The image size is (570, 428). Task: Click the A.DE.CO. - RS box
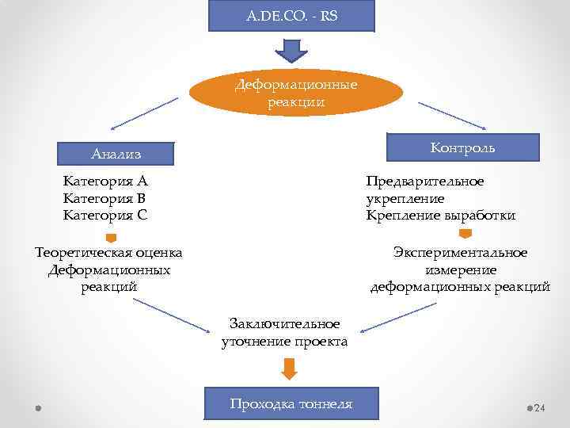click(291, 15)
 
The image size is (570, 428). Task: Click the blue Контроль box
click(462, 147)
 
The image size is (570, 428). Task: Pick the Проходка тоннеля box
click(291, 404)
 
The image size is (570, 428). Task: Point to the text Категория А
click(105, 182)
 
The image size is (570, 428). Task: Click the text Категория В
click(105, 198)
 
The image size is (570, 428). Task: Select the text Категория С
click(105, 215)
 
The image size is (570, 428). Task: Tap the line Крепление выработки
click(441, 216)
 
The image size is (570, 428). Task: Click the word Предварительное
click(425, 182)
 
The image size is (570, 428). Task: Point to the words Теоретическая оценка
click(109, 253)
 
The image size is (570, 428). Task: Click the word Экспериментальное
click(460, 253)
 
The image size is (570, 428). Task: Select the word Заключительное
click(284, 323)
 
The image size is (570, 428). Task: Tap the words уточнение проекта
click(284, 342)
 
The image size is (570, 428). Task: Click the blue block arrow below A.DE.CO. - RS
click(291, 51)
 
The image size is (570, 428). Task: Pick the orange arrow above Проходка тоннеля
click(290, 369)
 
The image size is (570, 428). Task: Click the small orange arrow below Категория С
click(112, 237)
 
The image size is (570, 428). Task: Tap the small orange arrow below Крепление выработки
click(465, 233)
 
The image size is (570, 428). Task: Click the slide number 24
click(540, 408)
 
